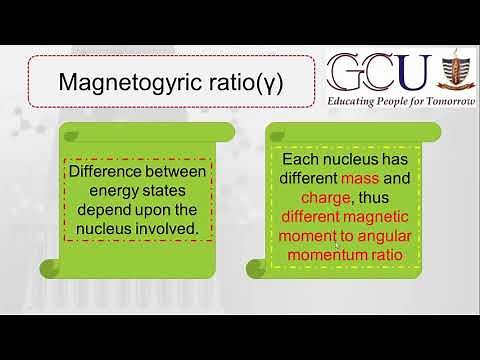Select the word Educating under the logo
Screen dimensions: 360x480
coord(356,103)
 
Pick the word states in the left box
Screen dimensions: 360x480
coord(157,190)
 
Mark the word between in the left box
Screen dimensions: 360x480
coord(174,171)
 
